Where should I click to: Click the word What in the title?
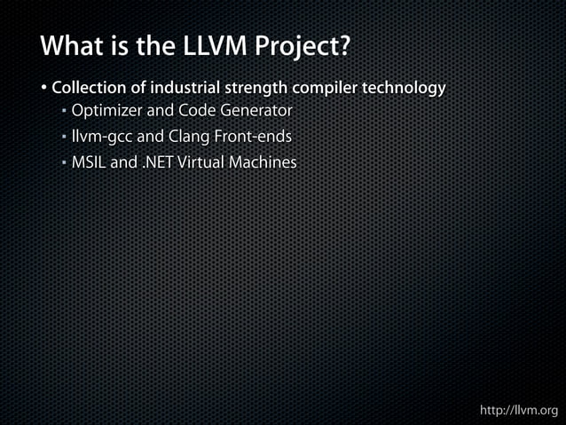71,45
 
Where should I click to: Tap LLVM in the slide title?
210,45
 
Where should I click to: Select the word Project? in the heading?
303,45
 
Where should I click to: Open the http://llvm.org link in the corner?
518,410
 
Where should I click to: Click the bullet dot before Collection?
43,89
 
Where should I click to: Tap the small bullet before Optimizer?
65,113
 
